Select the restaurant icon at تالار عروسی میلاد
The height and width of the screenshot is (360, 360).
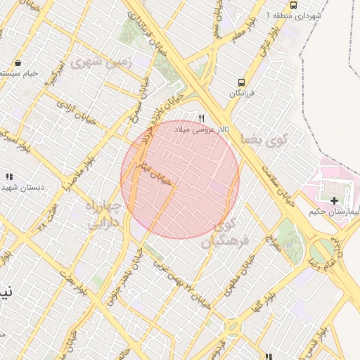(202, 118)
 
